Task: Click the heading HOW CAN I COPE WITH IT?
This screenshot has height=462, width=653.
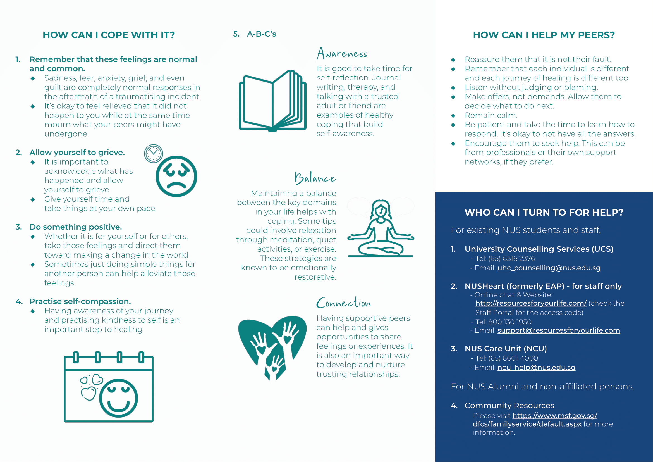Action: [x=109, y=35]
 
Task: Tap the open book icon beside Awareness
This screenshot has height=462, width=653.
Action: [x=272, y=101]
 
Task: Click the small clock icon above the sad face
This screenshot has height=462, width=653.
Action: [x=153, y=154]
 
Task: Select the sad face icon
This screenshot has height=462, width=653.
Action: [x=176, y=176]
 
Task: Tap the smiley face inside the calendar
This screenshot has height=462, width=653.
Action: [x=118, y=398]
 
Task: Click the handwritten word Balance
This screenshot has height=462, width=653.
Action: [x=315, y=178]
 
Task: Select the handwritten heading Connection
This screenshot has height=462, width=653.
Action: [x=344, y=303]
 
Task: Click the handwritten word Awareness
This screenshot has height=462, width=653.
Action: [x=342, y=53]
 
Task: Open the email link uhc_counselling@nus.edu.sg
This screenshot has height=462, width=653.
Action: [x=549, y=268]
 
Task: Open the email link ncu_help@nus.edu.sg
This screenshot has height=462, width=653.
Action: [x=536, y=368]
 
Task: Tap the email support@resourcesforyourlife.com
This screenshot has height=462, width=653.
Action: [x=559, y=330]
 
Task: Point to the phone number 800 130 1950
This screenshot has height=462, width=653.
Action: [x=510, y=322]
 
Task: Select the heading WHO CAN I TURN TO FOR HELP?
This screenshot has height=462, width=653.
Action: [x=544, y=213]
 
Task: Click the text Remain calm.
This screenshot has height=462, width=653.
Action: [x=491, y=115]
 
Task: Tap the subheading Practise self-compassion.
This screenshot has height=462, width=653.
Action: [x=80, y=301]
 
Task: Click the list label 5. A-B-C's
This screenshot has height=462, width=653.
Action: [x=255, y=34]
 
